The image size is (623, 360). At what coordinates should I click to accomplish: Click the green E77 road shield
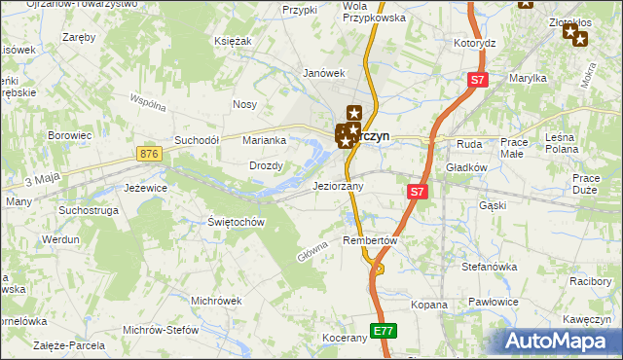(384, 332)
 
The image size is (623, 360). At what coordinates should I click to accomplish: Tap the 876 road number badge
(149, 154)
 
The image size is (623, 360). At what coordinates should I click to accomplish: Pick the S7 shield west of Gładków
(417, 192)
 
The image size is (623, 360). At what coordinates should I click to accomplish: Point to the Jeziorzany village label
(338, 186)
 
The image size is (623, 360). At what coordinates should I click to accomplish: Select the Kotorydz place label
(475, 44)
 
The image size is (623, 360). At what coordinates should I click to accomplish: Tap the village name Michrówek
(216, 301)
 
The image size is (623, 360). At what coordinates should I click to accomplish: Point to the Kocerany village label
(345, 338)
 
